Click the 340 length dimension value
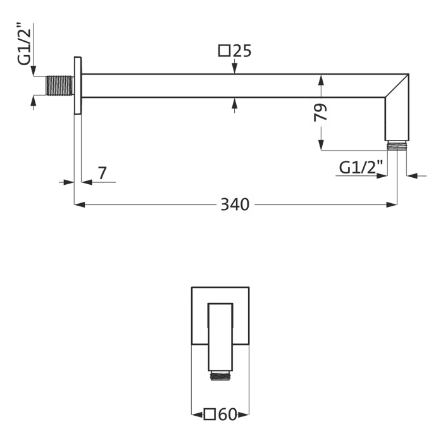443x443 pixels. (235, 204)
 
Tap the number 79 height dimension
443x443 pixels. (321, 113)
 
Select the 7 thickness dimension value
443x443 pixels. (103, 173)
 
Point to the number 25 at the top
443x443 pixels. (242, 51)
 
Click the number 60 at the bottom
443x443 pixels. (228, 415)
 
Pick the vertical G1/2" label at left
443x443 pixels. (24, 44)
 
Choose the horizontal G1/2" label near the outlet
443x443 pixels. (361, 168)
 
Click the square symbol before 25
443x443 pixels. (225, 51)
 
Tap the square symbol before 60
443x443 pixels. (209, 415)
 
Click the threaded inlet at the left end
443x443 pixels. (60, 85)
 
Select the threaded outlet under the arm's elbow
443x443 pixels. (397, 146)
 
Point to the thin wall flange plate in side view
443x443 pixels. (78, 86)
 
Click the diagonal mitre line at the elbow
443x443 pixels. (397, 85)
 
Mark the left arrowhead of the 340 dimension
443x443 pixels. (79, 204)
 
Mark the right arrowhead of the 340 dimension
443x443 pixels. (392, 204)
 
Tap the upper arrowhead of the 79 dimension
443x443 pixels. (321, 80)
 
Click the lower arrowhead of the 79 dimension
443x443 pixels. (321, 145)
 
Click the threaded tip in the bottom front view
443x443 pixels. (220, 376)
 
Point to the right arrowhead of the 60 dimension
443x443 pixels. (244, 415)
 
